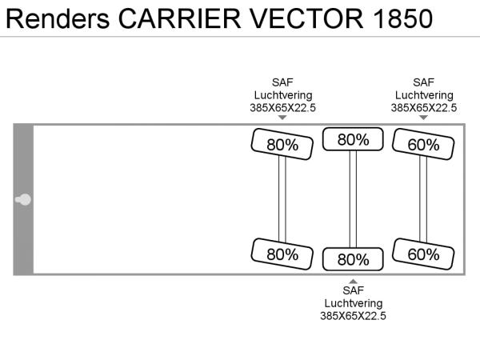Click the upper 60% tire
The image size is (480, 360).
[424, 145]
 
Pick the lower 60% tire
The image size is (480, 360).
[424, 254]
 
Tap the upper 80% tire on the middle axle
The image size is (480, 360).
[353, 140]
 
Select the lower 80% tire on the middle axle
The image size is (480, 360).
[353, 259]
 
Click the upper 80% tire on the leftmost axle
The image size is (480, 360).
[282, 145]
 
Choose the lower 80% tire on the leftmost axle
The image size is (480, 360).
[282, 254]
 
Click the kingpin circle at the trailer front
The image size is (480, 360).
[24, 199]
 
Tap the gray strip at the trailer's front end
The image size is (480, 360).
[23, 160]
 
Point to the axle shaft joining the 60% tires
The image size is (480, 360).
[423, 199]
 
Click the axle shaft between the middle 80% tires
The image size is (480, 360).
[353, 199]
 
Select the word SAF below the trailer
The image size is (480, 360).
[353, 290]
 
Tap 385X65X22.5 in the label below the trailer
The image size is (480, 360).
[353, 316]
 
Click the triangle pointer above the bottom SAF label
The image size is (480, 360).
[353, 279]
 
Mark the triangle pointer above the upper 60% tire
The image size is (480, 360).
[423, 118]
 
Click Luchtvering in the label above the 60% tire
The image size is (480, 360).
[423, 94]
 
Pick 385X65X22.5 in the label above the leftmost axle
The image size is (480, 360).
[282, 107]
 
